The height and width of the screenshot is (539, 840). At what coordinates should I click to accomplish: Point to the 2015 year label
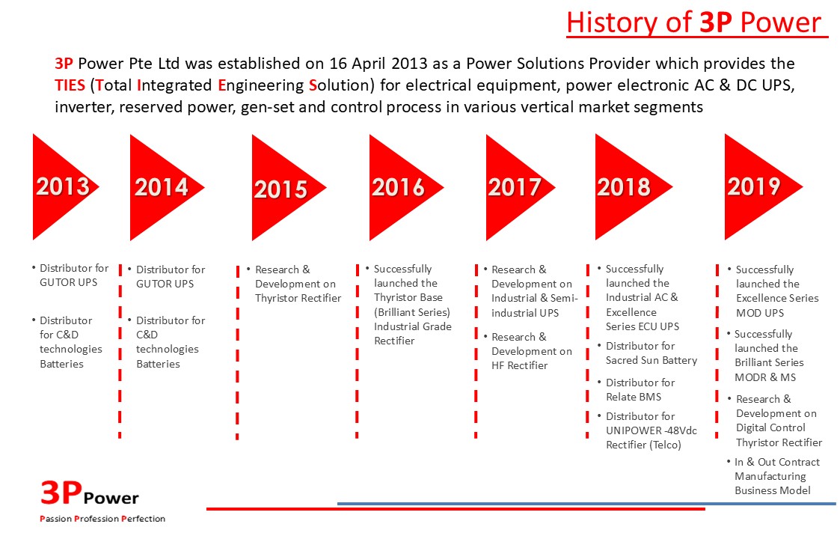click(x=280, y=189)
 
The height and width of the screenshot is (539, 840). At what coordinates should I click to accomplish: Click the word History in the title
click(x=611, y=22)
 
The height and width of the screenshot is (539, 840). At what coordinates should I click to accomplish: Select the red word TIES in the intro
click(x=70, y=85)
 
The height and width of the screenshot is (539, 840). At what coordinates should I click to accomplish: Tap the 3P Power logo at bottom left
click(x=90, y=493)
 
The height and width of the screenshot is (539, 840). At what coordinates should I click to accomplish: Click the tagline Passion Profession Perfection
click(x=102, y=519)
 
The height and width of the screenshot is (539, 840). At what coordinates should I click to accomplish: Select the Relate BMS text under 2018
click(x=634, y=397)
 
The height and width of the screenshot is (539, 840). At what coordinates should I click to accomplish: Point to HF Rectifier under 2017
click(x=519, y=366)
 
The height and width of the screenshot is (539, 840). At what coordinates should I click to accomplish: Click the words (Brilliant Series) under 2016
click(x=411, y=312)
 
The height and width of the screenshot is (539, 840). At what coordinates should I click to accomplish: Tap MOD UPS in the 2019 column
click(x=760, y=313)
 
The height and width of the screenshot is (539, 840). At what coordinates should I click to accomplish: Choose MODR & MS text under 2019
click(x=765, y=377)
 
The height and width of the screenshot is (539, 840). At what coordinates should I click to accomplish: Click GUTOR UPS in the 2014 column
click(x=165, y=284)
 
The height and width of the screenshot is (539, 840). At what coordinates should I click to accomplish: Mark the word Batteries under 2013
click(x=61, y=364)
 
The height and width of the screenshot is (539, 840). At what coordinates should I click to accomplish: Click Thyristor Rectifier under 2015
click(x=298, y=298)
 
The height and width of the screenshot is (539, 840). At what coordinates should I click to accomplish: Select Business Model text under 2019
click(x=772, y=491)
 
